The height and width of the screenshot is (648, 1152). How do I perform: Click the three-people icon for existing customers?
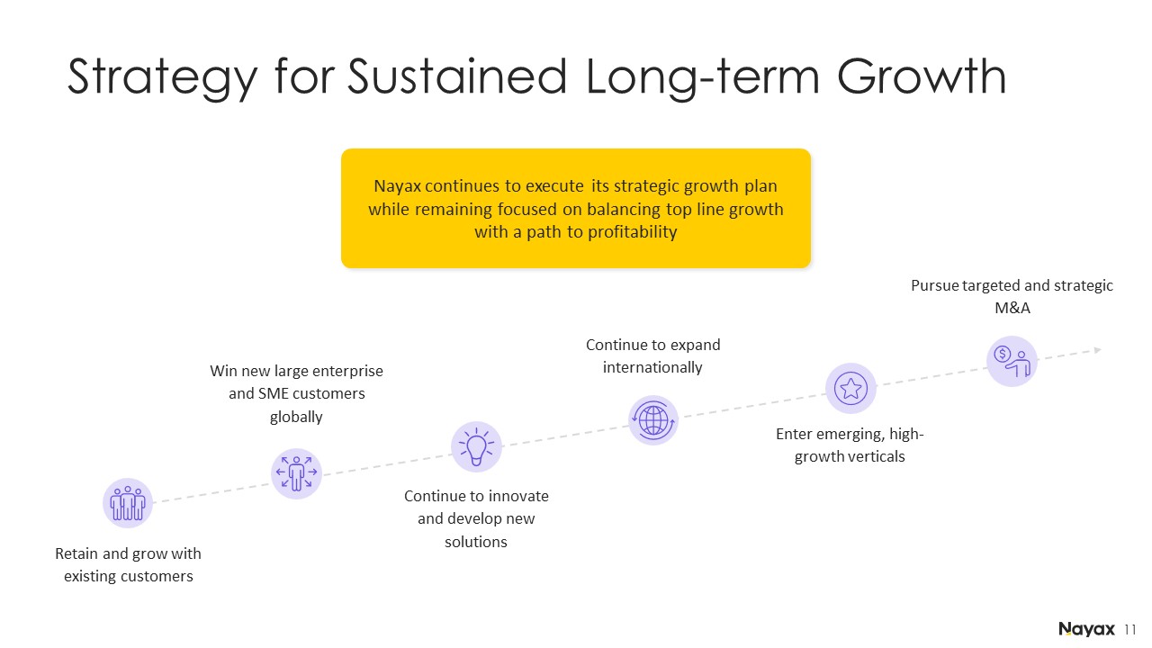coord(128,503)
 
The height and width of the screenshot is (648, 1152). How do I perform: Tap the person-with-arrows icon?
coord(296,473)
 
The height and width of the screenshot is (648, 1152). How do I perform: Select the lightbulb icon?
coord(476,446)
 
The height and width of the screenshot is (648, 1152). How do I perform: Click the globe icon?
coord(653,420)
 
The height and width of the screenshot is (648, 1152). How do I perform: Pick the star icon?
coord(850,388)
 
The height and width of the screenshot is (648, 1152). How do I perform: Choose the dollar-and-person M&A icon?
coord(1012,361)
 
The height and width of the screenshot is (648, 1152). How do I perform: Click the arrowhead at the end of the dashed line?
coord(1097,350)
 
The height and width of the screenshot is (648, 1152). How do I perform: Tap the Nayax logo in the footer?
coord(1086,629)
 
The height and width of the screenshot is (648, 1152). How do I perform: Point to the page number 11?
coord(1129,629)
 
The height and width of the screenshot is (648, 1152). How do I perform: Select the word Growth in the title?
coord(921,76)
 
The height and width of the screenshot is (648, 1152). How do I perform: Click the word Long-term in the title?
coord(702,77)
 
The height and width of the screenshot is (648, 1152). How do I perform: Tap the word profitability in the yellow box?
coord(632,232)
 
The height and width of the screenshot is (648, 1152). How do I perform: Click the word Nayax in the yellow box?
coord(397,186)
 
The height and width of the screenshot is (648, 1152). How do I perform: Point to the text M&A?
coord(1012,308)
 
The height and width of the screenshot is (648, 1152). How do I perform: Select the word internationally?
coord(652,367)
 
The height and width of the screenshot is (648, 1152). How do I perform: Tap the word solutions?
coord(476,542)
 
